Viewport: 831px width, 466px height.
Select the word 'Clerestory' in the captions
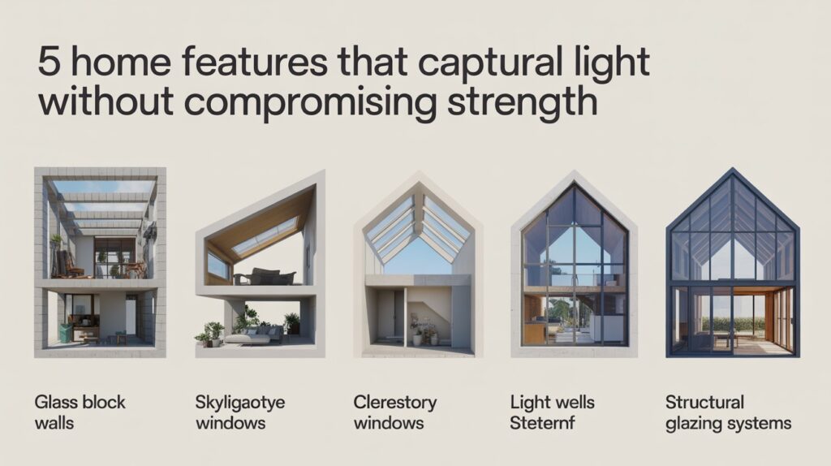coord(394,403)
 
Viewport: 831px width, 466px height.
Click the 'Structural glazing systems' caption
coord(727,412)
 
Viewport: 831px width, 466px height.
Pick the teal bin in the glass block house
coord(65,333)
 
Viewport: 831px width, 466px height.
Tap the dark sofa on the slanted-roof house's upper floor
coord(265,277)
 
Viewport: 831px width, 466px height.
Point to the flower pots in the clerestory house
coord(422,334)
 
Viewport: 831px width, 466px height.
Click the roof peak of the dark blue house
coord(732,171)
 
